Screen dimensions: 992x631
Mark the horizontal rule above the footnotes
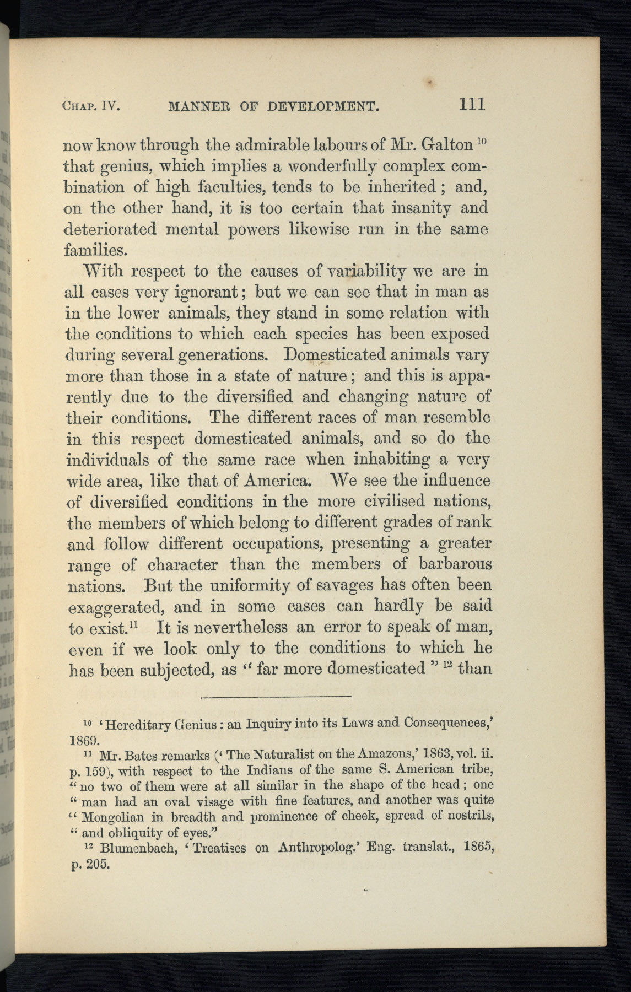click(276, 697)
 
